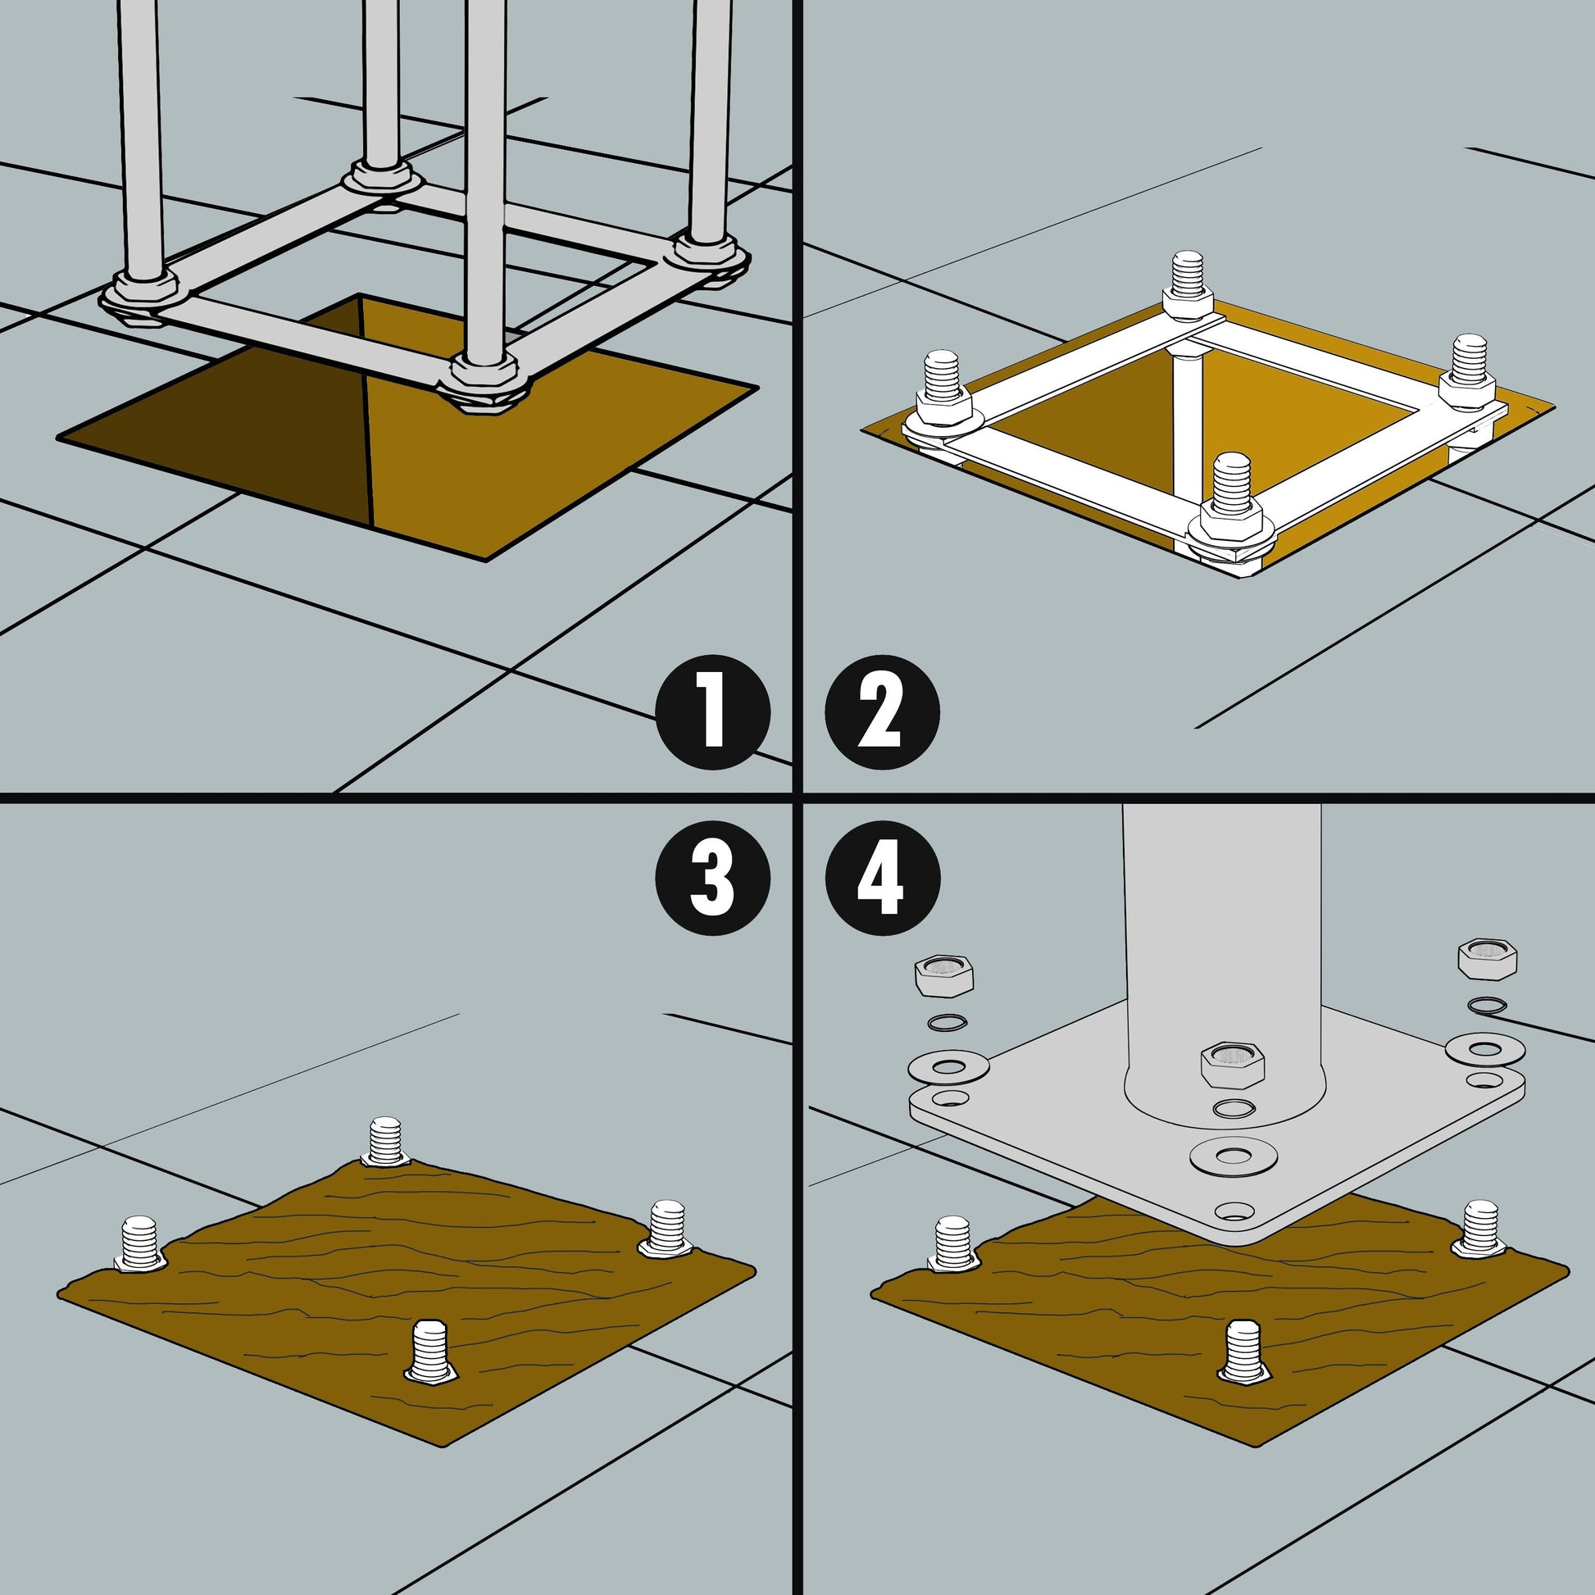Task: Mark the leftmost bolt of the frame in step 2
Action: (x=942, y=397)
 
